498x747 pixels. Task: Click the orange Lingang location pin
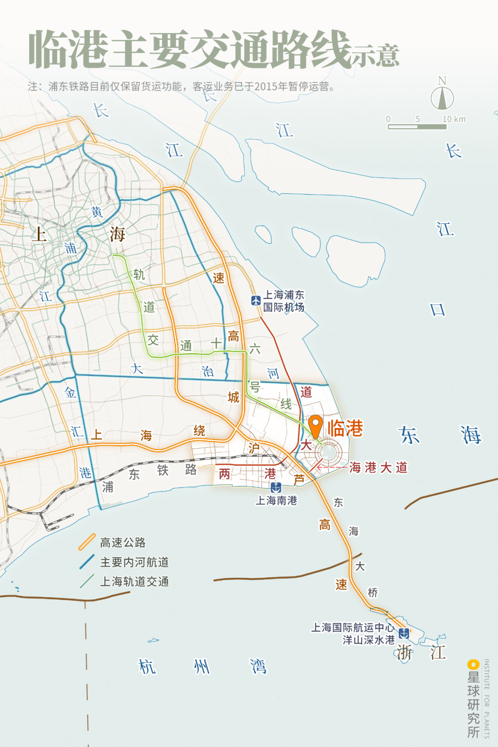(x=315, y=425)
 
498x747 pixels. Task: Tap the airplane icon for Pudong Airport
(x=256, y=301)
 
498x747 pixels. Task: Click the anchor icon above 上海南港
(x=276, y=487)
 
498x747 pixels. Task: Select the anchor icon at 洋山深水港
(x=403, y=633)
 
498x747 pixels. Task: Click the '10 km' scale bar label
(x=454, y=119)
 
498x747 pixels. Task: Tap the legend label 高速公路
(x=123, y=543)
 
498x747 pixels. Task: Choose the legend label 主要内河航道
(x=135, y=562)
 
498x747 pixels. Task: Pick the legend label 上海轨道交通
(x=135, y=581)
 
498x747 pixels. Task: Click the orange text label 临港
(x=345, y=428)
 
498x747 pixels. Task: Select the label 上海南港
(x=277, y=500)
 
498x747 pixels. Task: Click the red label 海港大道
(x=378, y=468)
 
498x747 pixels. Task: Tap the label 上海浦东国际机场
(x=284, y=301)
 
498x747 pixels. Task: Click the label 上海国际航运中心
(x=353, y=628)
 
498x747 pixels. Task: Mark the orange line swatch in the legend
(x=87, y=542)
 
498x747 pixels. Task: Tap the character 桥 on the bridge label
(x=373, y=593)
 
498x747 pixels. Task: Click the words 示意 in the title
(x=375, y=55)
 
